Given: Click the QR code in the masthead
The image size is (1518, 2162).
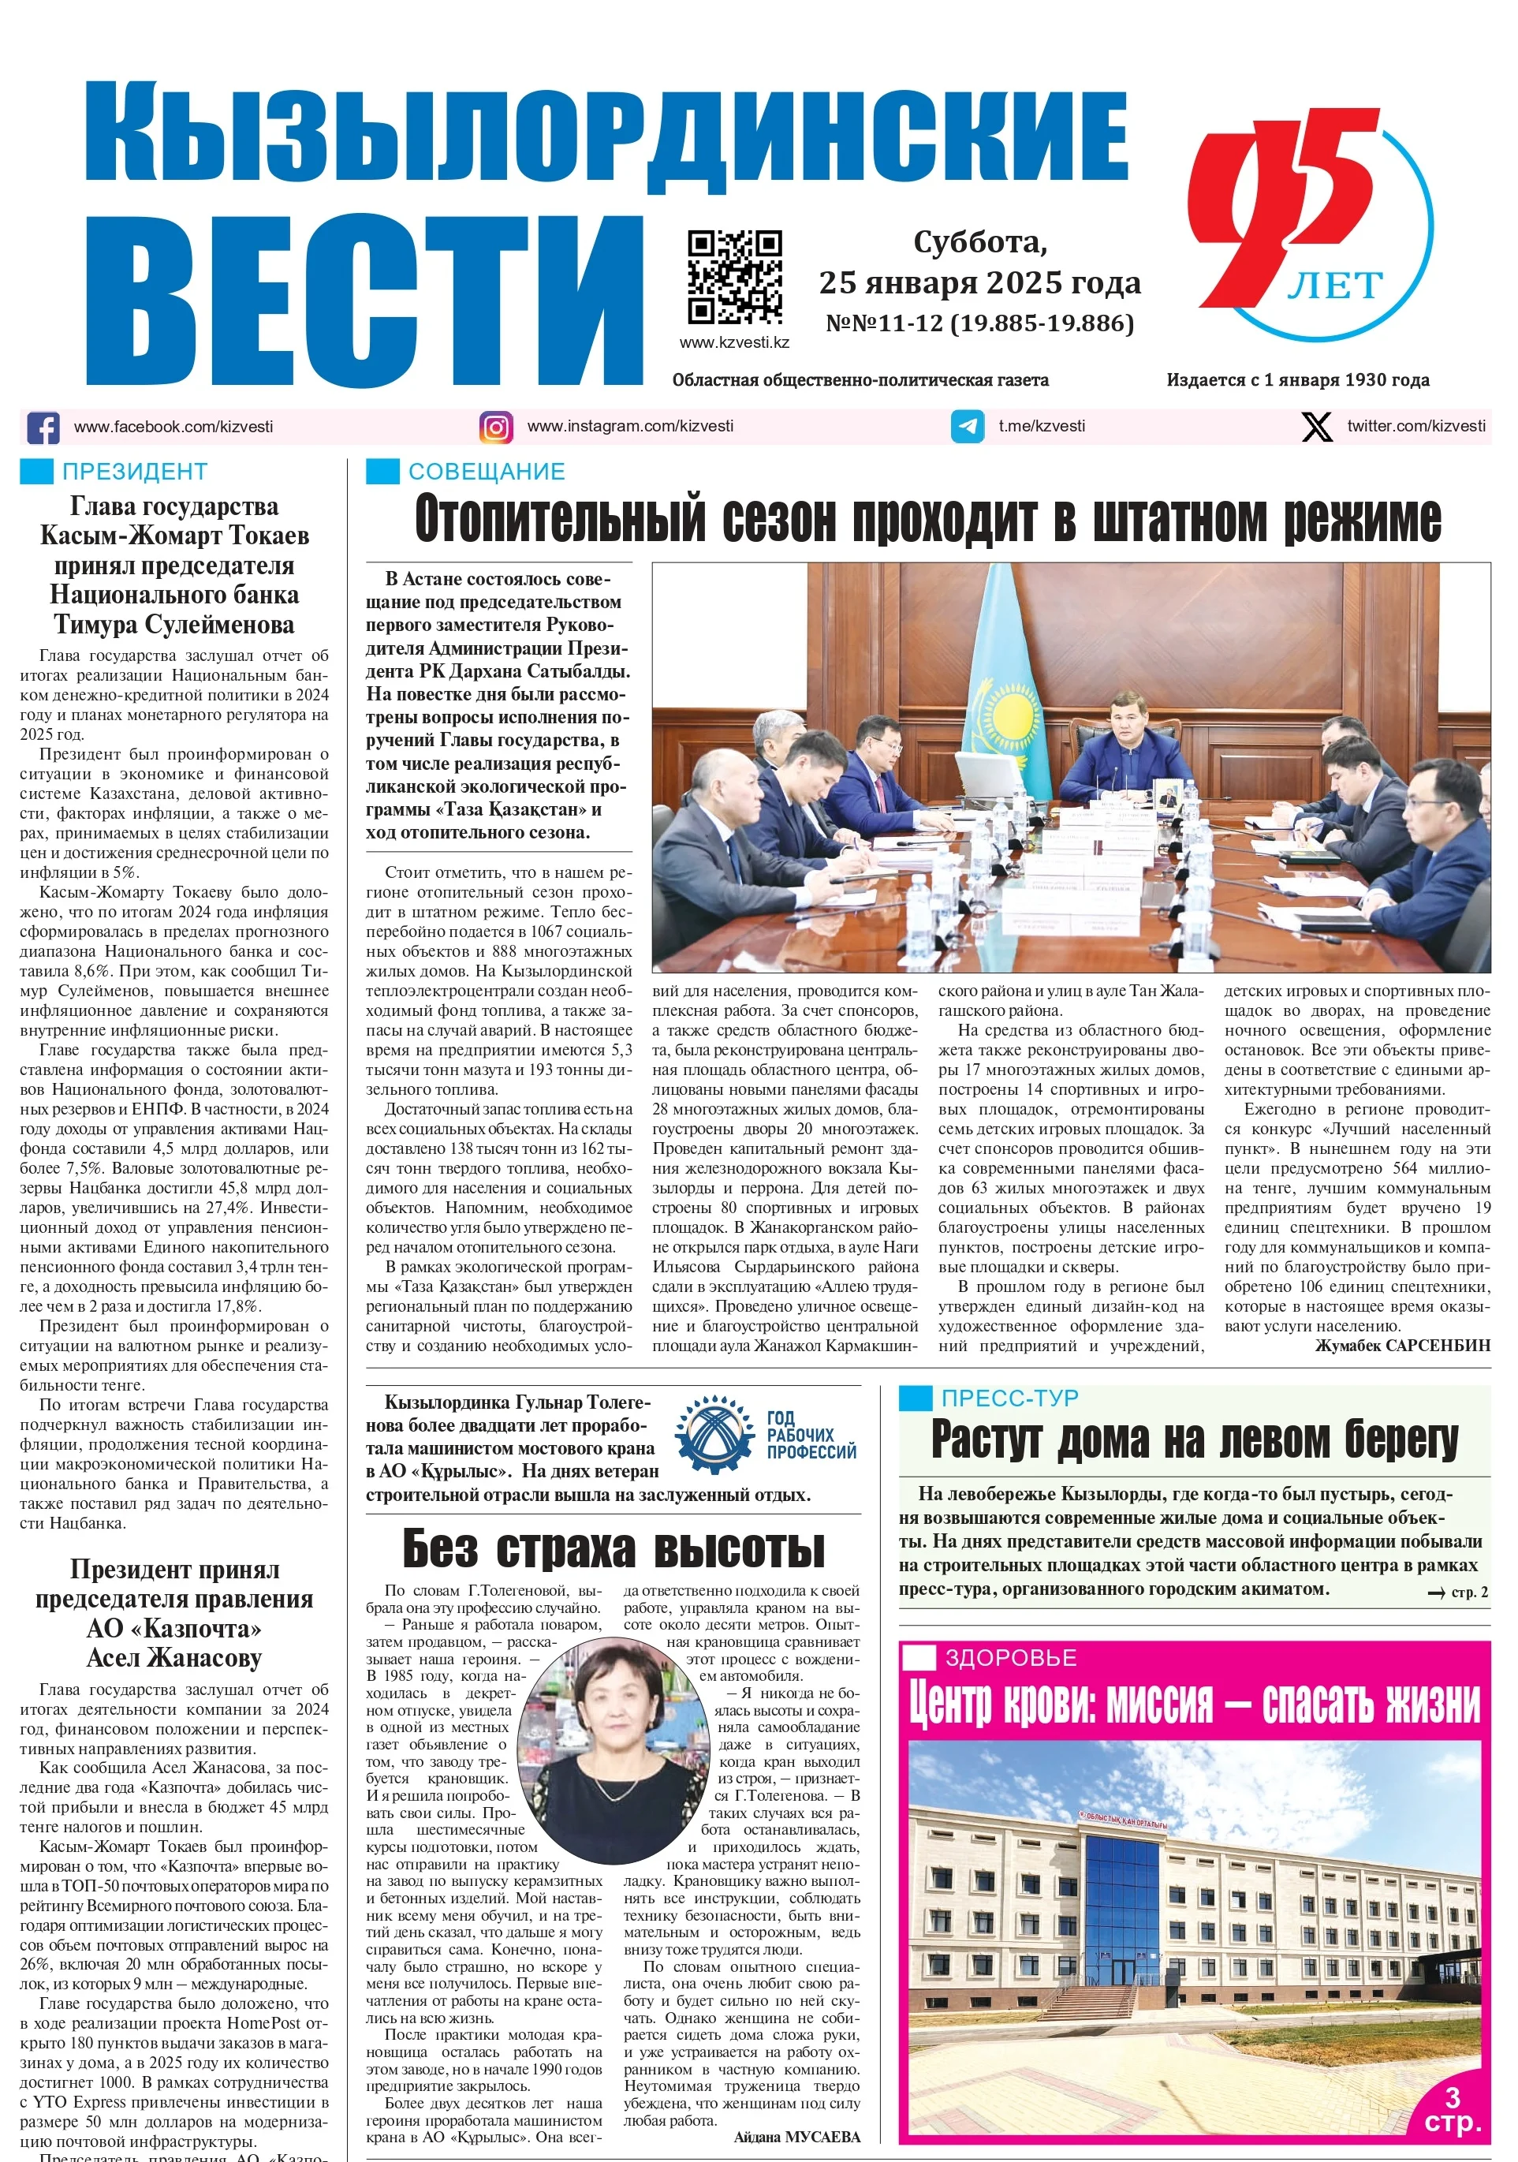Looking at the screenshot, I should [x=734, y=277].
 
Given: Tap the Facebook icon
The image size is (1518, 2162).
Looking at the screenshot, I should [x=43, y=428].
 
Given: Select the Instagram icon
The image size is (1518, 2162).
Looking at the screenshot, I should [x=496, y=428].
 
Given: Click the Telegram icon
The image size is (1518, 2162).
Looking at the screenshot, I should [x=967, y=427].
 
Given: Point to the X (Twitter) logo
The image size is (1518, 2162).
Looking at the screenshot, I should [x=1316, y=427].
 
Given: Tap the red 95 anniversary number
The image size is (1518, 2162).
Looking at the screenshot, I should [x=1281, y=207].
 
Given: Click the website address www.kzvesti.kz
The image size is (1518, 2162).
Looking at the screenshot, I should [x=734, y=343].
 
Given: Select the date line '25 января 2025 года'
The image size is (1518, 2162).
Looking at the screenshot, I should [x=979, y=282].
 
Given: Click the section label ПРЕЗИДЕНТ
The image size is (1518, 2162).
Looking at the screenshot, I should [x=135, y=472].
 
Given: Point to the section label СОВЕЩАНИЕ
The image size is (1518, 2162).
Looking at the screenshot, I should [x=486, y=472].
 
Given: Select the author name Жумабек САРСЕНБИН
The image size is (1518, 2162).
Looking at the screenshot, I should [x=1402, y=1346].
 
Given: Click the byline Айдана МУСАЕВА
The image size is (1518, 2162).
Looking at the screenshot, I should [x=796, y=2137].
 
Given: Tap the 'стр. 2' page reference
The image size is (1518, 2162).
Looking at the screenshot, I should [x=1460, y=1593].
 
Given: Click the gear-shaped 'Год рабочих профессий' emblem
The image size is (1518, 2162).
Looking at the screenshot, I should [x=714, y=1434].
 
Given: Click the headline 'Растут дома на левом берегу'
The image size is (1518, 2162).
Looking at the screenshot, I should [x=1194, y=1441].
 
